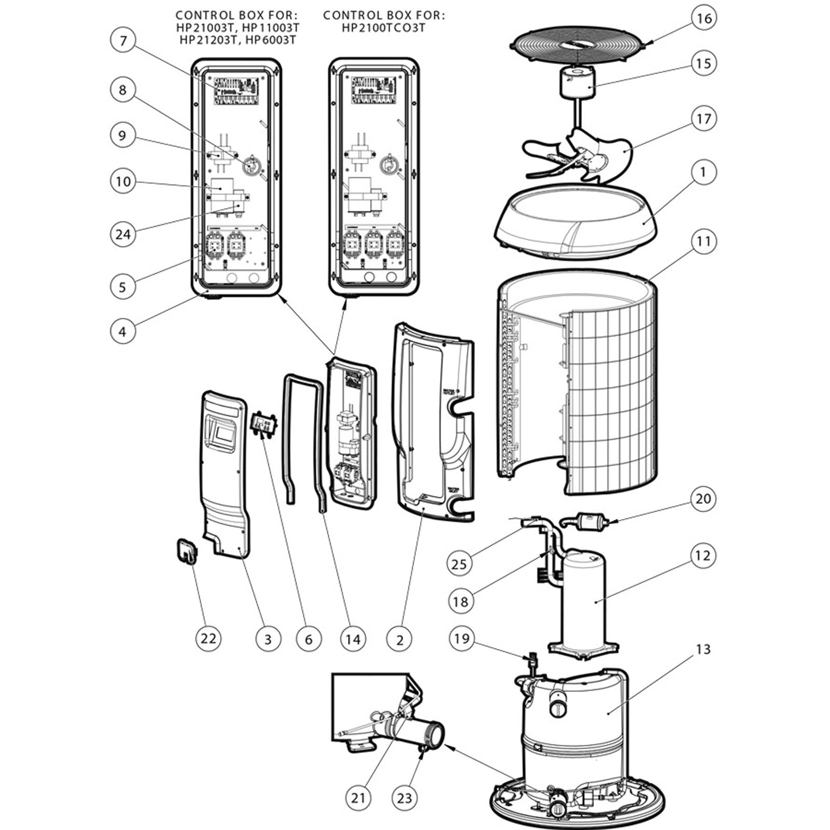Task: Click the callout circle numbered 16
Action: coord(703,19)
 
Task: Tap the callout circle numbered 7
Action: coord(123,40)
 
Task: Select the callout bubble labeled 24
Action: coord(123,234)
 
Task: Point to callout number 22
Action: coord(208,638)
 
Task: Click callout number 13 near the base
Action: coord(703,649)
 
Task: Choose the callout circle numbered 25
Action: coord(459,563)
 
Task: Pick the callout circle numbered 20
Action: coord(703,499)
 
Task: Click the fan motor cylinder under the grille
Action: coord(577,84)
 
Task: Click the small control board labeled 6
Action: coord(264,424)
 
